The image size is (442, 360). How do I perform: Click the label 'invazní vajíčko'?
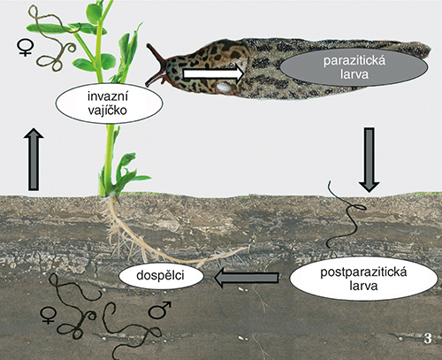click(109, 103)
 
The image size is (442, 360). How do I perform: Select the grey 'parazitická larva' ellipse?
click(354, 67)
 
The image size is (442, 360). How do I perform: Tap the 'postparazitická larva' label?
click(363, 279)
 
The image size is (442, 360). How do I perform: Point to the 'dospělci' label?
click(161, 275)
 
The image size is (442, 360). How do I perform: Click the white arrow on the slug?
click(213, 73)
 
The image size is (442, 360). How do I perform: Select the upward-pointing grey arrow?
click(34, 159)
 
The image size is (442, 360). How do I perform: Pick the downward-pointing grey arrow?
click(370, 160)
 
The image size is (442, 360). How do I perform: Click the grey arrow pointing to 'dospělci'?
click(246, 278)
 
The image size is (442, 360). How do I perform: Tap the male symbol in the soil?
click(160, 310)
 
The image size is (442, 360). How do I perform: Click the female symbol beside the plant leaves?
click(26, 48)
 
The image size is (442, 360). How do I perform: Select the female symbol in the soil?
click(49, 315)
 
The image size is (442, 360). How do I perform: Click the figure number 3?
click(428, 339)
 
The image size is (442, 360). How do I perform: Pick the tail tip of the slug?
click(430, 50)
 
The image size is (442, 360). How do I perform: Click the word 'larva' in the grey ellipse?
click(354, 74)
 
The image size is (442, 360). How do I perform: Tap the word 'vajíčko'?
click(108, 111)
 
